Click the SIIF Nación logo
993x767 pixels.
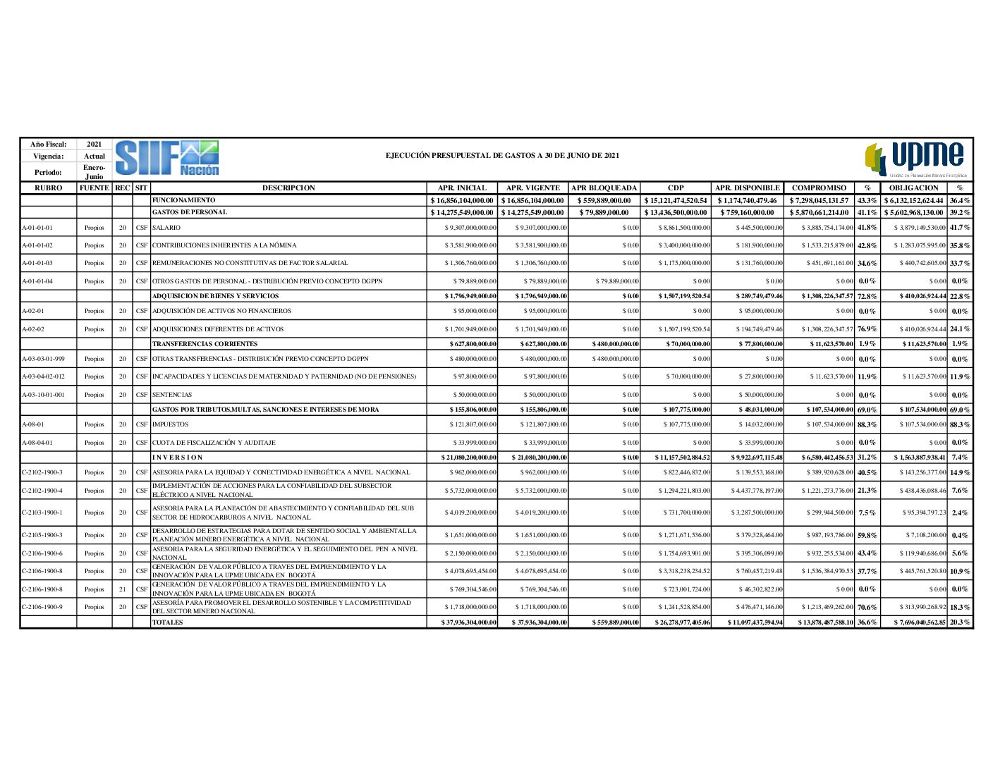[167, 158]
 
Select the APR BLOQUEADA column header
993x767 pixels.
[604, 188]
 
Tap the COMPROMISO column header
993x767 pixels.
[819, 188]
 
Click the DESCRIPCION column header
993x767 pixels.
[288, 188]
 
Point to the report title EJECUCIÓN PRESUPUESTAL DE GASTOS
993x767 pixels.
[502, 155]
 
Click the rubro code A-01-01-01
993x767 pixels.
[37, 228]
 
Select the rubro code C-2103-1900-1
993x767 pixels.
[42, 513]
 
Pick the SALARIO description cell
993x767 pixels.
[166, 228]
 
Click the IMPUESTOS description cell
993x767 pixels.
[171, 424]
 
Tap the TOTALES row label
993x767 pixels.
[167, 622]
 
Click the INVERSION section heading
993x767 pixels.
[178, 458]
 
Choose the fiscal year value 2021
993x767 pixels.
[94, 145]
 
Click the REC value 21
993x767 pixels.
[122, 589]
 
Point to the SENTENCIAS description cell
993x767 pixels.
[172, 395]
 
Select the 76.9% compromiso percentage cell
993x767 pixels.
[867, 329]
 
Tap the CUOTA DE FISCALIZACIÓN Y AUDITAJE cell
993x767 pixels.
[214, 443]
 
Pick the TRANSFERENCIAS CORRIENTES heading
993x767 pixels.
[205, 344]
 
